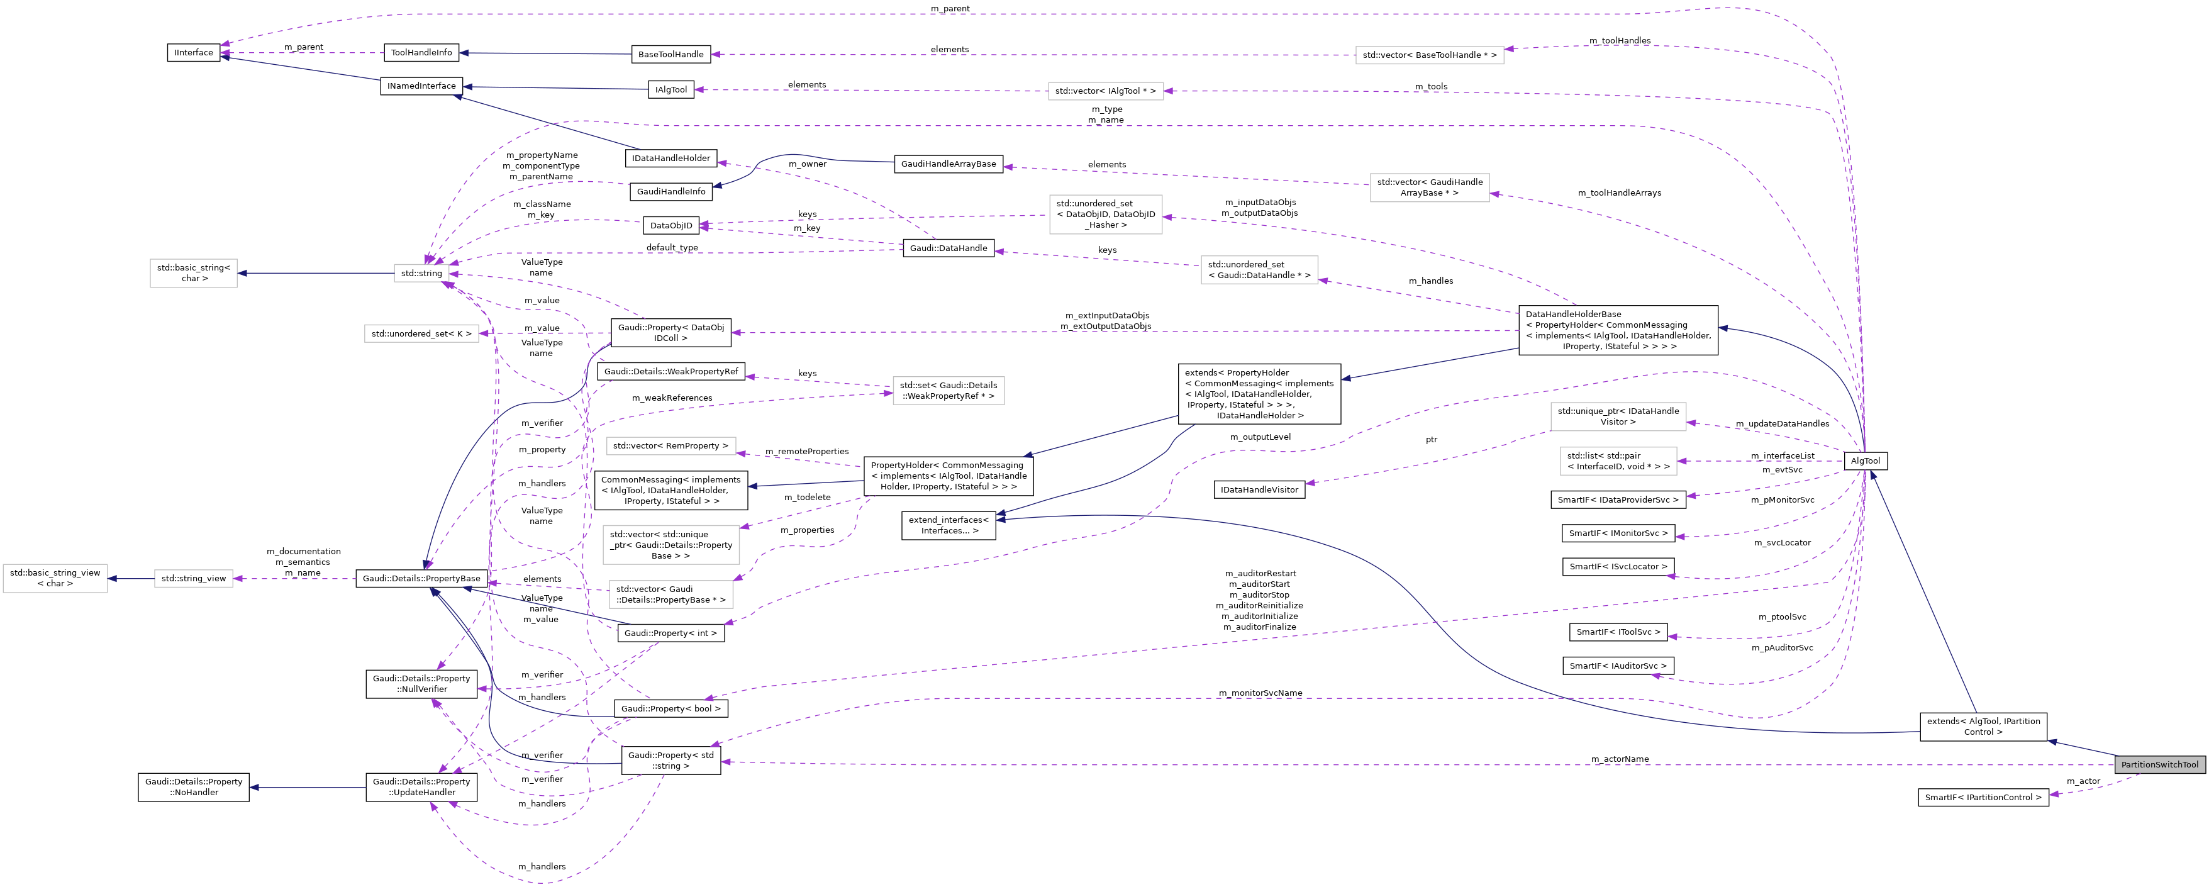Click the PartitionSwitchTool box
2159,764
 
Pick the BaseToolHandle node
670,55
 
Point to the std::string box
421,274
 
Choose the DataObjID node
670,226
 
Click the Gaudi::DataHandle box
948,248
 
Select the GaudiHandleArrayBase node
948,164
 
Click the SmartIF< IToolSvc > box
1618,632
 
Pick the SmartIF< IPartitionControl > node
1983,798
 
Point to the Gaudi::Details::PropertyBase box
421,579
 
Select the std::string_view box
194,579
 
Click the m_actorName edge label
1620,759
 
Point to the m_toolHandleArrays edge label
1619,193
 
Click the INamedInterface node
421,87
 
